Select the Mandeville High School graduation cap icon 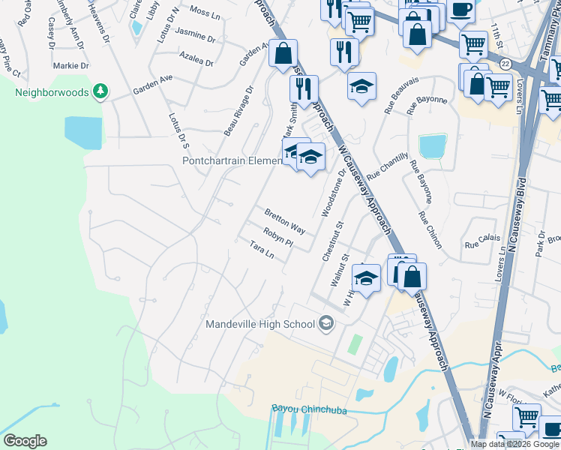coord(326,324)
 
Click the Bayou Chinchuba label coord(304,409)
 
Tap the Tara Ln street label coord(262,250)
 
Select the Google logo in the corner coord(25,441)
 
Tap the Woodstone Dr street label coord(334,193)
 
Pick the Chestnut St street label coord(332,241)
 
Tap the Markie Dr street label coord(71,66)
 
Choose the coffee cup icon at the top coord(461,10)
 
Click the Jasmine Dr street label coord(194,33)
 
